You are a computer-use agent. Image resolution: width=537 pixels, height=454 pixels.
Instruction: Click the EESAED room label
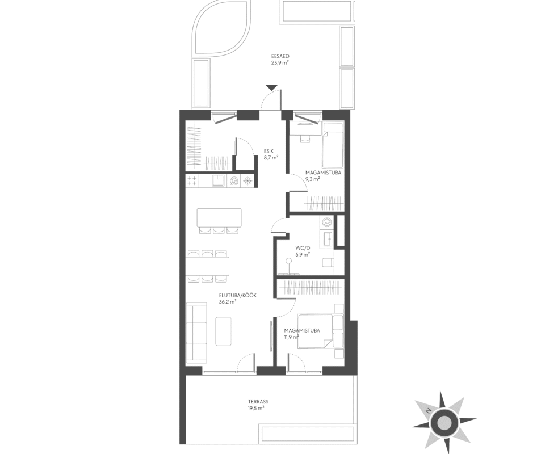point(280,57)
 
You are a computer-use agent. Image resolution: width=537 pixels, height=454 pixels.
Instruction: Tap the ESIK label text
point(268,150)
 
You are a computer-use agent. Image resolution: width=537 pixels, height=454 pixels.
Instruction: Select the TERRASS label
point(258,401)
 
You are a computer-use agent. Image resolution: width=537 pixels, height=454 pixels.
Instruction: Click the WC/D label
point(303,248)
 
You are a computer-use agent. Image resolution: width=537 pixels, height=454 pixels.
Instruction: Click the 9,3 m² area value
point(312,179)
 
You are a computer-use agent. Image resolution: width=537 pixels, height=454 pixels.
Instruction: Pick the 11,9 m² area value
point(291,337)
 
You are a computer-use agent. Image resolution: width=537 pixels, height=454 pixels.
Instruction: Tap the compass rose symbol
point(444,422)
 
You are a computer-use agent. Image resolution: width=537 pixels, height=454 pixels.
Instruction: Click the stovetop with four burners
point(192,181)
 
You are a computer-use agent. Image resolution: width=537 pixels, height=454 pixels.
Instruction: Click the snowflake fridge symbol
point(247,181)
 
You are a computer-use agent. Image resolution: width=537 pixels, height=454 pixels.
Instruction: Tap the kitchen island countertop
point(219,217)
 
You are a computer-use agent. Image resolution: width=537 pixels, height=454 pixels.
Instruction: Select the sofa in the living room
point(196,332)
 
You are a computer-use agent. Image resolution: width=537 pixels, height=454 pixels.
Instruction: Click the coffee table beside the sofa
point(224,331)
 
